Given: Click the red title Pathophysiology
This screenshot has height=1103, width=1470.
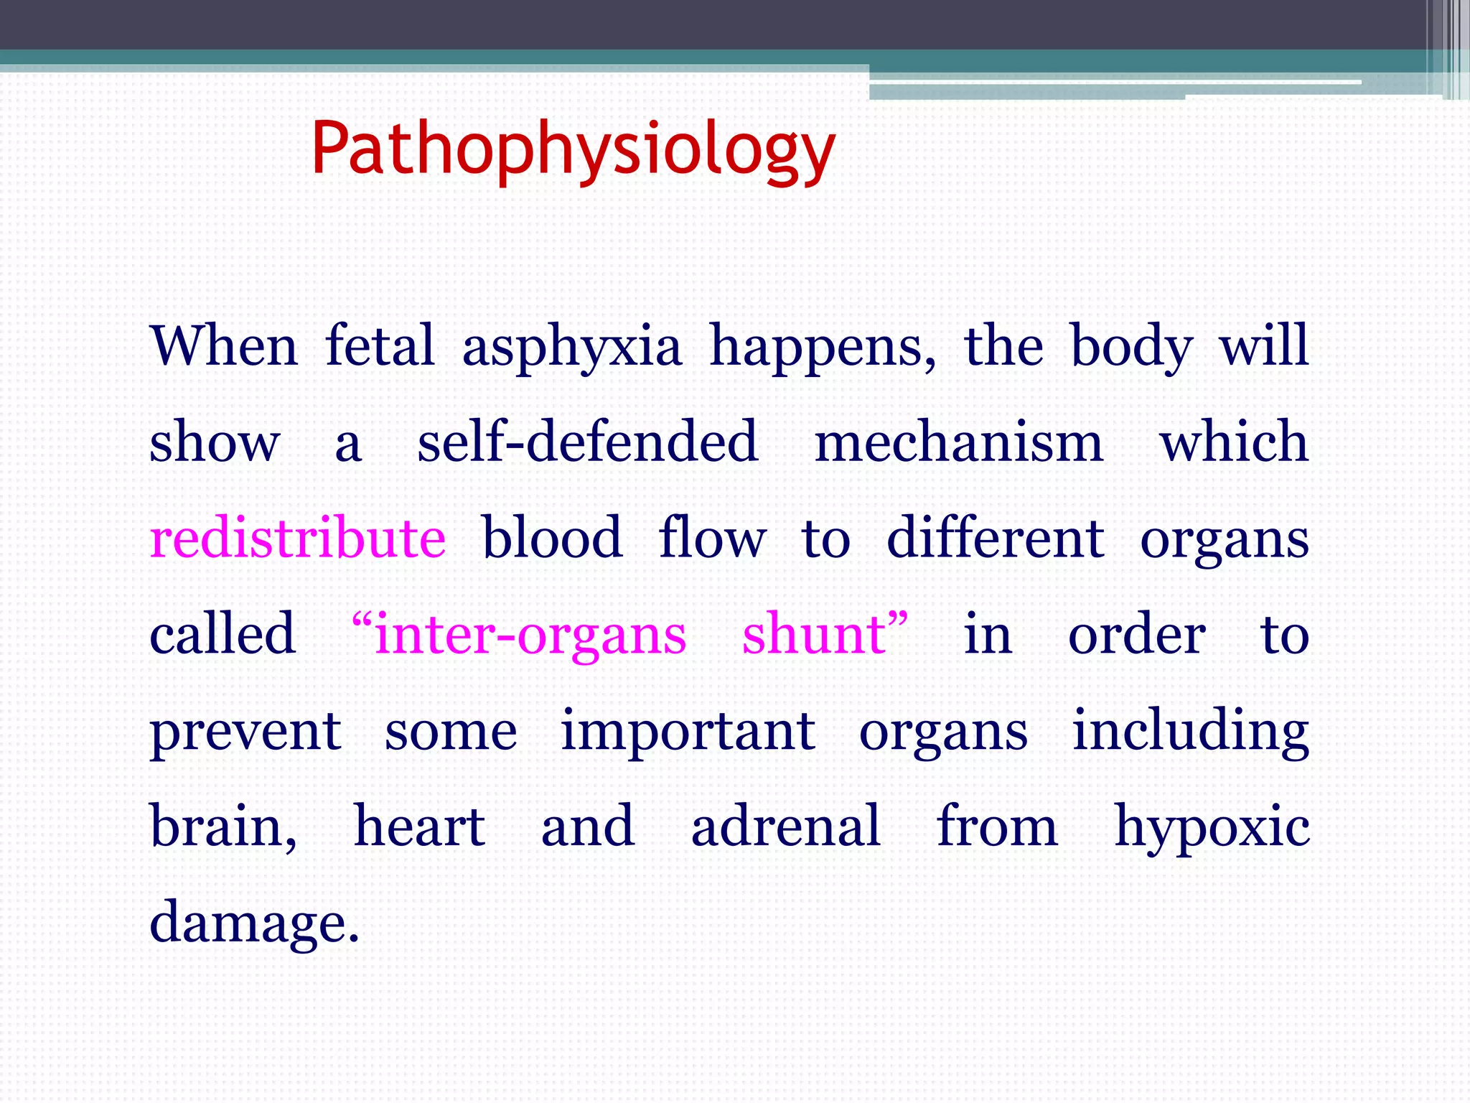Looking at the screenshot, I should (573, 149).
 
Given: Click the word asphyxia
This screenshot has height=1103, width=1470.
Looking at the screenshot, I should (571, 348).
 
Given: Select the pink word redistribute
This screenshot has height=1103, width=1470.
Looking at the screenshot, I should (297, 539).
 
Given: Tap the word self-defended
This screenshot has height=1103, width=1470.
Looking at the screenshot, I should (587, 442).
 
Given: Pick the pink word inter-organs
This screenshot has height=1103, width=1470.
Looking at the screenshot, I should (530, 635).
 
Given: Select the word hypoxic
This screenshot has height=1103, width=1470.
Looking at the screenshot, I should (1211, 827).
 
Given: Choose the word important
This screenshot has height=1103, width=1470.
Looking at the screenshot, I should (687, 731).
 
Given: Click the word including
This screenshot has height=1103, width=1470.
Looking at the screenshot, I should (1190, 731).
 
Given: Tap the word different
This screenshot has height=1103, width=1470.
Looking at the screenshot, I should (995, 539).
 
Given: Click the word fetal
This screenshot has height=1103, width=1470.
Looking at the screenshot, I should (380, 346).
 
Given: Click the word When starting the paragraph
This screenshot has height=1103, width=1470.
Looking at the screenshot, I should (224, 346).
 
